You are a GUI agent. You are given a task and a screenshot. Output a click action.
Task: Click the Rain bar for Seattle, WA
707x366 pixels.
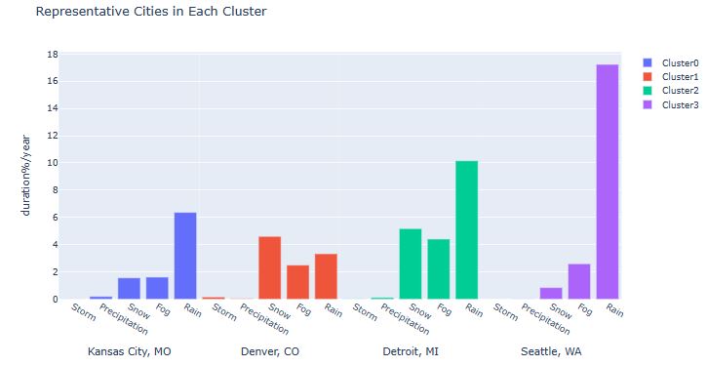pyautogui.click(x=607, y=182)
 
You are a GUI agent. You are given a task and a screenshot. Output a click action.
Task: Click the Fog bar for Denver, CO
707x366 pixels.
pyautogui.click(x=298, y=282)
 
